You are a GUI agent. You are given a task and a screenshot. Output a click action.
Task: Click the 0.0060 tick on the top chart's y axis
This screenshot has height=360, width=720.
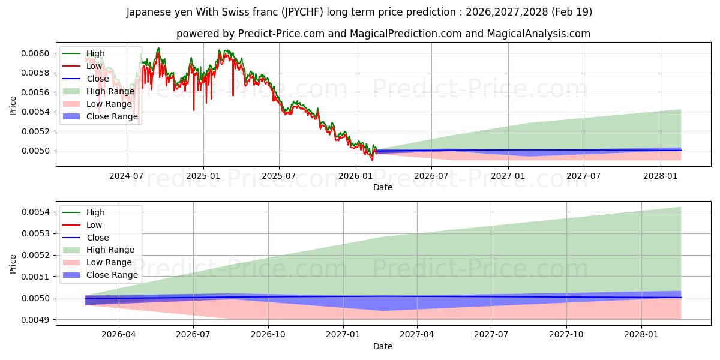pos(35,53)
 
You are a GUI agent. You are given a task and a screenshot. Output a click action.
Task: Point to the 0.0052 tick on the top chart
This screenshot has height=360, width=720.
pos(35,131)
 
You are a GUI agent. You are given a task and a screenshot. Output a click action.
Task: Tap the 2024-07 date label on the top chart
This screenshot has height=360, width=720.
pos(127,176)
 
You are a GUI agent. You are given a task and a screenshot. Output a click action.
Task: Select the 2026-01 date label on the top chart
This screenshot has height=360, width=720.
pos(355,176)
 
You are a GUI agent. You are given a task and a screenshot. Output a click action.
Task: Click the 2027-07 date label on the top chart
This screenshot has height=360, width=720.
pos(583,176)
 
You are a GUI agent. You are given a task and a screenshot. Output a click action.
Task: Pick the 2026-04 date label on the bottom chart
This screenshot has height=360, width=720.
pos(119,335)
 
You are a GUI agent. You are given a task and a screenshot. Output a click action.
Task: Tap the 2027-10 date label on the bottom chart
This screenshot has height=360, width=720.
pos(566,335)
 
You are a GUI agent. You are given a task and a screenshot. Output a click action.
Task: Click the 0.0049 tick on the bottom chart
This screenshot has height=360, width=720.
pos(35,320)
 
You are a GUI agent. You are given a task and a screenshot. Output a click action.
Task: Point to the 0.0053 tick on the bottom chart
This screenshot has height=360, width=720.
pos(35,233)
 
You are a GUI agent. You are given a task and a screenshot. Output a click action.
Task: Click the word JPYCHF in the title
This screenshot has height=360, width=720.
pos(302,12)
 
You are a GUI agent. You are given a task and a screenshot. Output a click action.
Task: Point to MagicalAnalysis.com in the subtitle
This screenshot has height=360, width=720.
pos(539,34)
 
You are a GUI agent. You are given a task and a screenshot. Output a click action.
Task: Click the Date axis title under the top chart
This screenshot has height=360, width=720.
pos(383,187)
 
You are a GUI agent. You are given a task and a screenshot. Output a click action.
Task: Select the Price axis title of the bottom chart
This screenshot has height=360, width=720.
pos(13,264)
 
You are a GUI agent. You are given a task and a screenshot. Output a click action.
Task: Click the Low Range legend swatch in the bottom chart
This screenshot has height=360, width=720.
pos(71,263)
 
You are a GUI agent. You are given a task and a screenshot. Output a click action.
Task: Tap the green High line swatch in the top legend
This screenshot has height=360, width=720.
pos(71,53)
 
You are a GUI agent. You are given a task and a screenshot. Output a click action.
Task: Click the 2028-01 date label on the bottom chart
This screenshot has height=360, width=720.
pos(641,335)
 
